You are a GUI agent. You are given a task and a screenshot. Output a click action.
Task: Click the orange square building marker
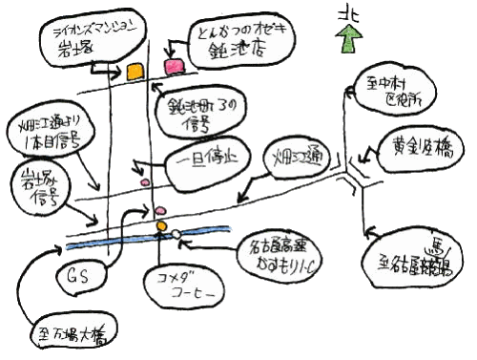135,71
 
